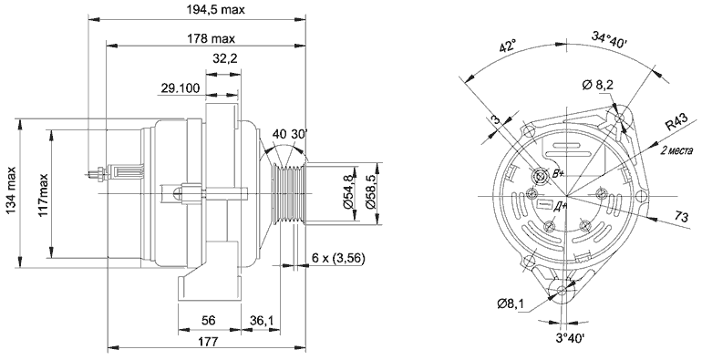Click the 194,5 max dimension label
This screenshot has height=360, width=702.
click(x=215, y=9)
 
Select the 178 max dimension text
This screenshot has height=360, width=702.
click(x=211, y=38)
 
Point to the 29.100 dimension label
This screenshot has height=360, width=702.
click(x=181, y=88)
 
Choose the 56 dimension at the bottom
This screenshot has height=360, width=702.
click(x=208, y=321)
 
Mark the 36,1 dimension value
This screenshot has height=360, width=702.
click(x=261, y=321)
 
